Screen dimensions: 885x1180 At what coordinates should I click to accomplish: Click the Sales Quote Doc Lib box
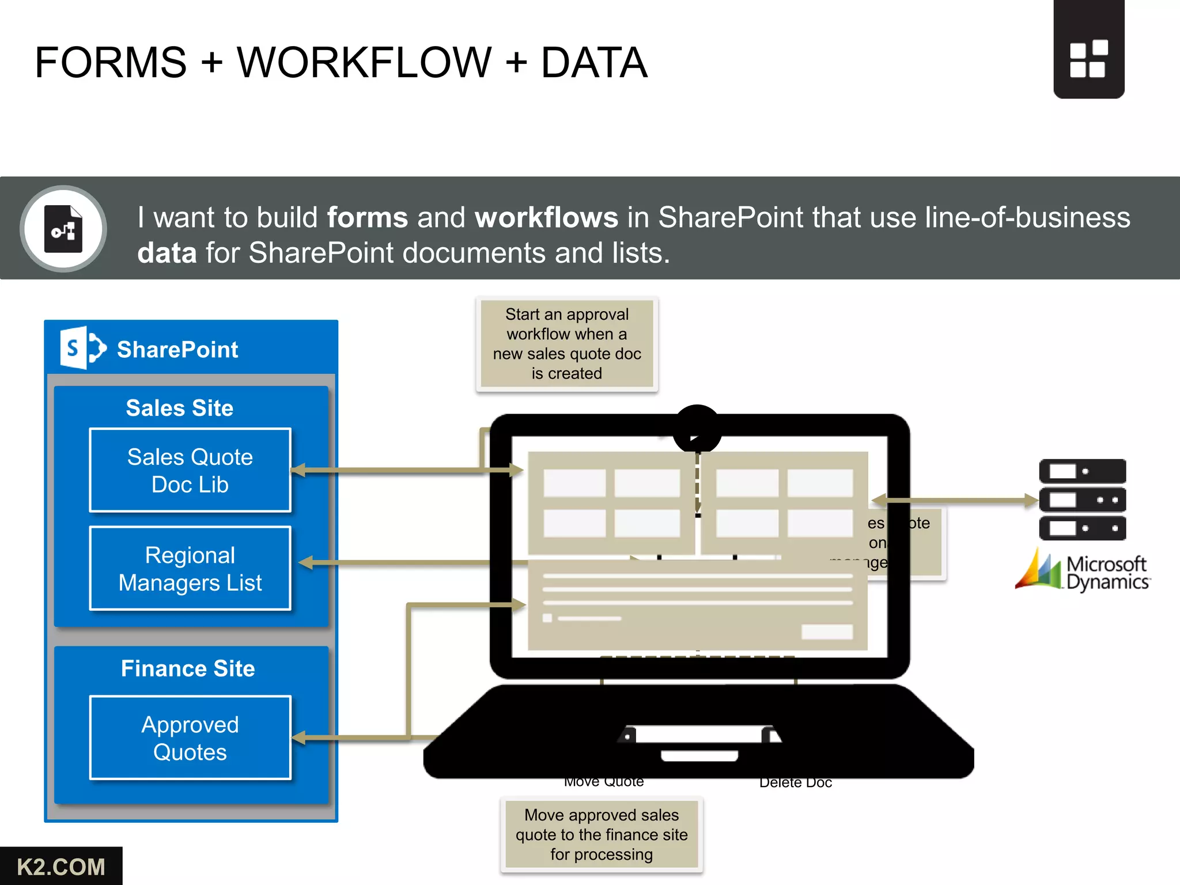[x=190, y=470]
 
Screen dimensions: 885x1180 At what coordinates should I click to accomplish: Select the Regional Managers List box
[x=190, y=568]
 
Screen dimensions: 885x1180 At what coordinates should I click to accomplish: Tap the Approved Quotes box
[x=190, y=737]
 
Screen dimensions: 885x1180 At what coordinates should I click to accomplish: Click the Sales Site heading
[x=180, y=408]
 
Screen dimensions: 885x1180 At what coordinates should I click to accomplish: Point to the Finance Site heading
[x=188, y=668]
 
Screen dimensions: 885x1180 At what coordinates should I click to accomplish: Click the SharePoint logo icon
[x=83, y=348]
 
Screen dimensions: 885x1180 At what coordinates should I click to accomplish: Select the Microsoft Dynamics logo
[x=1083, y=572]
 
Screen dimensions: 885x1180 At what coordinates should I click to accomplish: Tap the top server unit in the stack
[x=1082, y=471]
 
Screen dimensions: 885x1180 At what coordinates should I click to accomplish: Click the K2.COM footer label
[x=60, y=867]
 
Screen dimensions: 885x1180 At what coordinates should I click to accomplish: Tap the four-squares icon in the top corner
[x=1088, y=59]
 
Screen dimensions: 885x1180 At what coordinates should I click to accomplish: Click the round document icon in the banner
[x=63, y=229]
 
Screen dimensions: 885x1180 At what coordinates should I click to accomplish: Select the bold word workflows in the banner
[x=546, y=218]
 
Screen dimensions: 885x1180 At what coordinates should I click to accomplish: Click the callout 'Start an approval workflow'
[x=567, y=344]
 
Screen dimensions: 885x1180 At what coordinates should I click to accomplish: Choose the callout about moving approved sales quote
[x=602, y=834]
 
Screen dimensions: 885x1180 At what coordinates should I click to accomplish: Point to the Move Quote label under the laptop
[x=604, y=782]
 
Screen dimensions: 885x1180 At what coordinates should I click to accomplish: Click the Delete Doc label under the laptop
[x=796, y=782]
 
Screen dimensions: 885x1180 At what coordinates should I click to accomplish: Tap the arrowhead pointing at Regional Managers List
[x=305, y=562]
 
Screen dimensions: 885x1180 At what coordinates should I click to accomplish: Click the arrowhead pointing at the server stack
[x=1031, y=500]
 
